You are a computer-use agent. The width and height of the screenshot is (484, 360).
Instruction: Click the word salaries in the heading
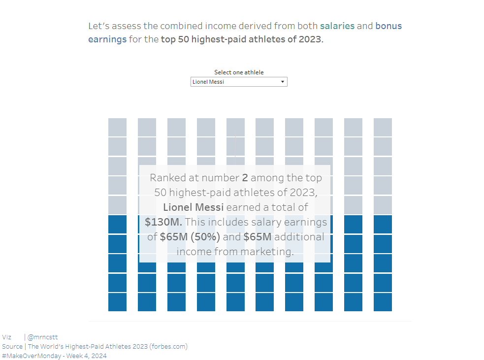pos(337,26)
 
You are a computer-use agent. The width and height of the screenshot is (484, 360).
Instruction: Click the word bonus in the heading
pos(388,26)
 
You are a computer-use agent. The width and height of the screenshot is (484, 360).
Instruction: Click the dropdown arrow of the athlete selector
pos(283,82)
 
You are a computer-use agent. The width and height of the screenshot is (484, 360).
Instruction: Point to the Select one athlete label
pos(239,72)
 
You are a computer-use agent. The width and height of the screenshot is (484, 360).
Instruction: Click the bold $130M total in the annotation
pos(162,222)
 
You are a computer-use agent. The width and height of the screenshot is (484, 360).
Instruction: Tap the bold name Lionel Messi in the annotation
pos(193,207)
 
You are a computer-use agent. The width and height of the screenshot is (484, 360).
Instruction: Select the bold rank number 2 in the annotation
pos(245,178)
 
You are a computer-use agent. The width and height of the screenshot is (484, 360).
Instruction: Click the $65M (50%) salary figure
pos(190,237)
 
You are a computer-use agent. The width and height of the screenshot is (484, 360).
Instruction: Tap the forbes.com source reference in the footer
pos(168,346)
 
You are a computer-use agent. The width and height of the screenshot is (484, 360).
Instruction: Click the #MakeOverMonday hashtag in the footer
pos(32,356)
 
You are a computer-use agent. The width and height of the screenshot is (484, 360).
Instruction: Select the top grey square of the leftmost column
pos(117,127)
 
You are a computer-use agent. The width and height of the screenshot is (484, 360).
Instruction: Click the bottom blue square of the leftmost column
pos(117,302)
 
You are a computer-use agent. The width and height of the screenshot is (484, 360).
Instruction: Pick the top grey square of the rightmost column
pos(383,127)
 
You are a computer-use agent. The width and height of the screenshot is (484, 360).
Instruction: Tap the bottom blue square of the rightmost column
pos(383,302)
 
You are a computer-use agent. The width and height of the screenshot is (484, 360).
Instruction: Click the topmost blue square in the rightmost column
pos(383,224)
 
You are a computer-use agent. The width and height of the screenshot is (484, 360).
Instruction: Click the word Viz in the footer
pos(7,337)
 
